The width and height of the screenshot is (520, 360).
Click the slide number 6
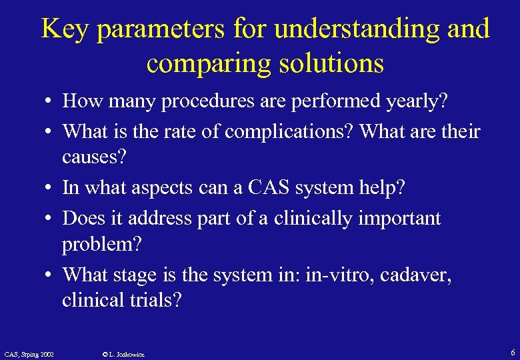[511, 352]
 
